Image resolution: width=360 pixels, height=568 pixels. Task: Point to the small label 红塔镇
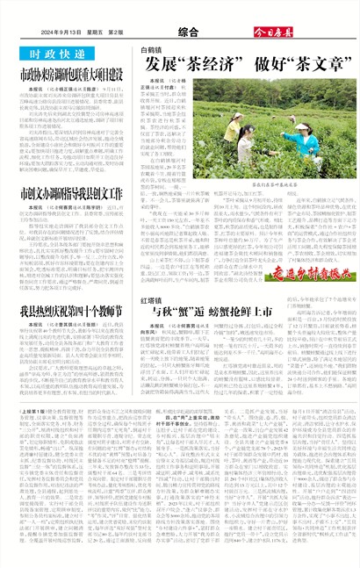(x=154, y=275)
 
